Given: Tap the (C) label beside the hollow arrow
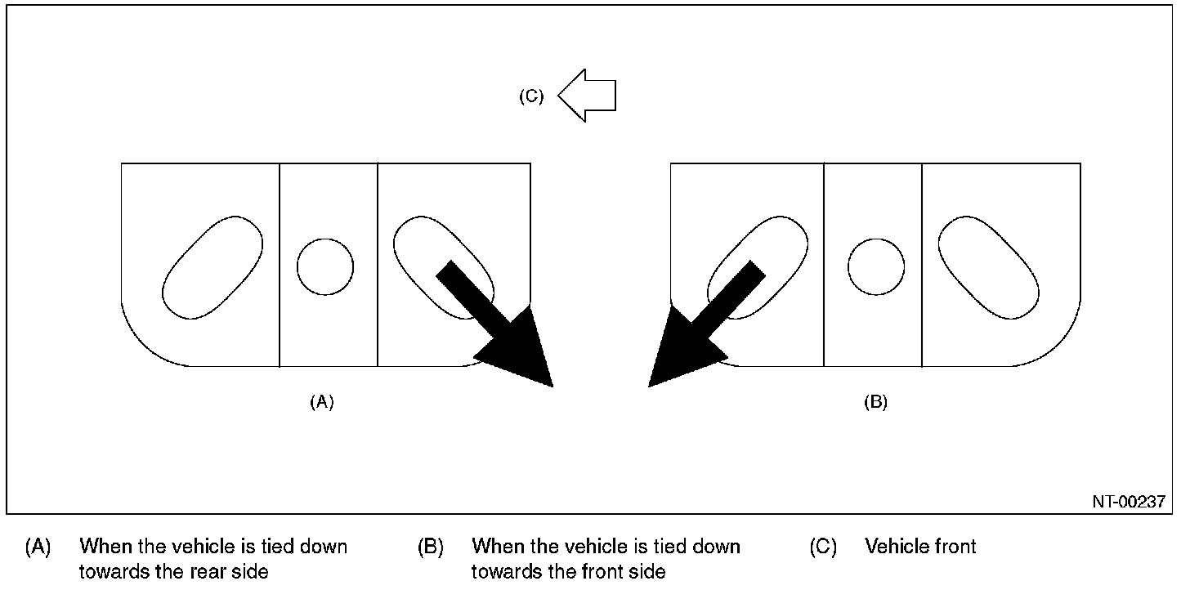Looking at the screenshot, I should [531, 96].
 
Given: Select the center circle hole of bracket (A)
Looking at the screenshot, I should [325, 267].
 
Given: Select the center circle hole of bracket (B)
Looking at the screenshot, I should [876, 267].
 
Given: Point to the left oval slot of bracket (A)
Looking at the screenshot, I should [212, 267].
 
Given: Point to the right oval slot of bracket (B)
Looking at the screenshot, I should [989, 267].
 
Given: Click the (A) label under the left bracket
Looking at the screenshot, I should [322, 402].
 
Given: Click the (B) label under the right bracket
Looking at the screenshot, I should [875, 402].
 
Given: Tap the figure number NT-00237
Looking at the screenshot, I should [1129, 502].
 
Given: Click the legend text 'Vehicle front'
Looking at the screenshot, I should [920, 546].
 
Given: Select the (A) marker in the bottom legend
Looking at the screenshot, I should [38, 546].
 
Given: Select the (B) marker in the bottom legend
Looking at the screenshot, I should [431, 546].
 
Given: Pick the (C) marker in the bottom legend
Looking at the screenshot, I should [823, 546].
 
